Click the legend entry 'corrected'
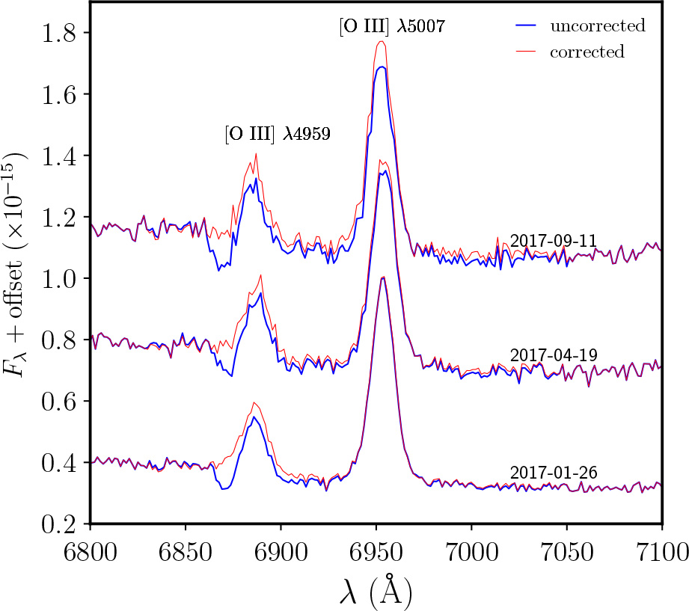coord(587,52)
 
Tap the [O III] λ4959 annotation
coord(277,134)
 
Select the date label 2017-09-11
coord(554,240)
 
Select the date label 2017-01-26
coord(554,473)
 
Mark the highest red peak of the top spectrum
coord(382,41)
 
